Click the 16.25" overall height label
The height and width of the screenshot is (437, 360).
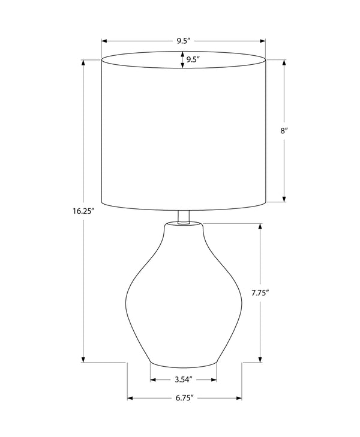pyautogui.click(x=82, y=211)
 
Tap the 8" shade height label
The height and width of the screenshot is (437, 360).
pyautogui.click(x=284, y=131)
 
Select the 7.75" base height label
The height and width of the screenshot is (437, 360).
pyautogui.click(x=260, y=293)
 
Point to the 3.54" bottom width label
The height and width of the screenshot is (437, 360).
pyautogui.click(x=184, y=379)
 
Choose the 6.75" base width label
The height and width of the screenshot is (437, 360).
pyautogui.click(x=184, y=398)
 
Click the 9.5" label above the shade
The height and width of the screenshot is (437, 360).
pyautogui.click(x=183, y=41)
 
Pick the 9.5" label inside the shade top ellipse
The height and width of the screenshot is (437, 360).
pyautogui.click(x=193, y=59)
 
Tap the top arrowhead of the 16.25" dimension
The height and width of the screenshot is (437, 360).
pyautogui.click(x=83, y=62)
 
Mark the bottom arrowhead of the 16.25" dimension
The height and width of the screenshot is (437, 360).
pyautogui.click(x=83, y=360)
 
